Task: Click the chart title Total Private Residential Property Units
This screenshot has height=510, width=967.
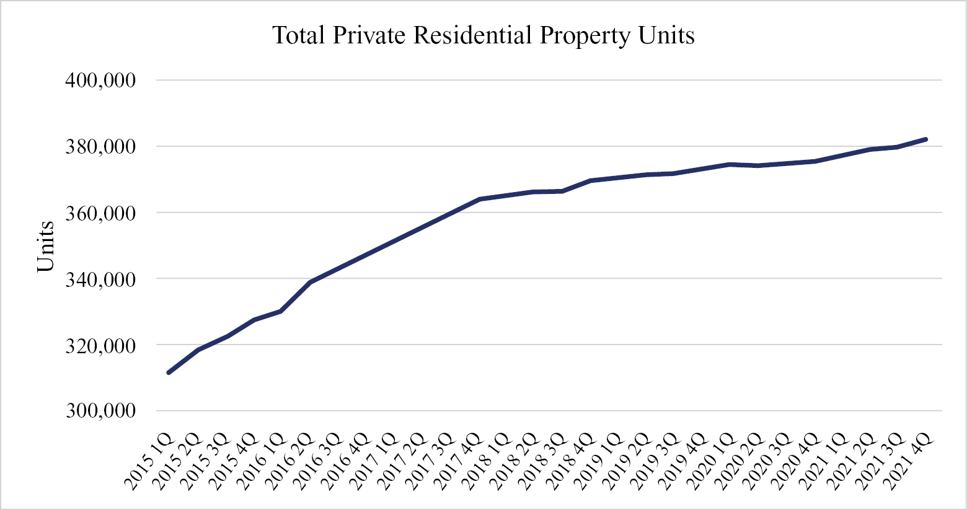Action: coord(483,35)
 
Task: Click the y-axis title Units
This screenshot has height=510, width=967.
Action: coord(46,246)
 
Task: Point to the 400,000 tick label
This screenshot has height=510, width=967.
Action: coord(100,81)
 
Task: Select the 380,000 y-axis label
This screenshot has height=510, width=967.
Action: coord(100,147)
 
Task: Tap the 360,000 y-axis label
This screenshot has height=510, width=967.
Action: coord(100,213)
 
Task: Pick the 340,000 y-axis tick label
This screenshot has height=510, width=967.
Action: coord(100,279)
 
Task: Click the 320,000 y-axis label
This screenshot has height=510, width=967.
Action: coord(100,345)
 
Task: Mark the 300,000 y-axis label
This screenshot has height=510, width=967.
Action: coord(100,411)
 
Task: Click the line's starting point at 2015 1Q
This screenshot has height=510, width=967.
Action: coord(169,372)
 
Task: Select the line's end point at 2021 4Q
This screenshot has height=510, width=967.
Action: coord(925,139)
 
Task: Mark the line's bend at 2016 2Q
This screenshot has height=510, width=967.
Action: coord(309,282)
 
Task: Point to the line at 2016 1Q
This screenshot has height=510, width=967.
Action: coord(281,311)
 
